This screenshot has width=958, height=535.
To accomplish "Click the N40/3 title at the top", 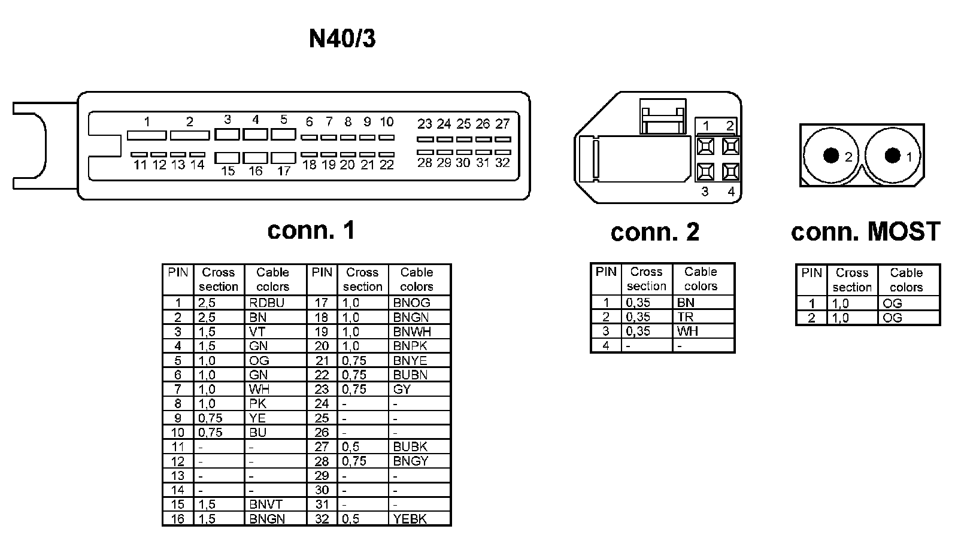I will point(342,39).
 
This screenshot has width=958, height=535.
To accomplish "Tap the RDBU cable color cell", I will point(266,303).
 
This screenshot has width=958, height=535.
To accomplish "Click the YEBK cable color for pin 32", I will point(410,519).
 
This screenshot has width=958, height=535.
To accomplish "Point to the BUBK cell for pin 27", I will point(410,447).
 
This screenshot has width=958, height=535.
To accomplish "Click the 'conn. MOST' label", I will point(865,232).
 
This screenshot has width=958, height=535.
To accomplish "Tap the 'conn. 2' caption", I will point(654,232).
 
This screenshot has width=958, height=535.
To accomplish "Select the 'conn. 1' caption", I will point(311,230).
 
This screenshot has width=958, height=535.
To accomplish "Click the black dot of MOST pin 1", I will point(892,156).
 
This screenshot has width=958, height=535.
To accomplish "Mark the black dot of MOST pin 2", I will point(830,156).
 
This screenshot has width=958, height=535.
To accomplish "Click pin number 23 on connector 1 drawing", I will point(425,124).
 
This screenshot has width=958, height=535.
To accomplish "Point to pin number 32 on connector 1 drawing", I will point(502,163).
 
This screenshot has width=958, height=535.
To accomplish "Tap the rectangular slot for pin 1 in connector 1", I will point(147,136).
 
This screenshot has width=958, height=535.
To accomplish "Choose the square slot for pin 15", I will point(228,158).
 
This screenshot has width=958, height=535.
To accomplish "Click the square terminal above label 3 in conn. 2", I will point(706,172).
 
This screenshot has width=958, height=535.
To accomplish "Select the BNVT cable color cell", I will point(266,504).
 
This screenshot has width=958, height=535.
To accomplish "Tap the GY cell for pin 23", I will point(402,390).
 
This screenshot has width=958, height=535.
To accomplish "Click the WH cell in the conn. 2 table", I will point(687,332).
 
